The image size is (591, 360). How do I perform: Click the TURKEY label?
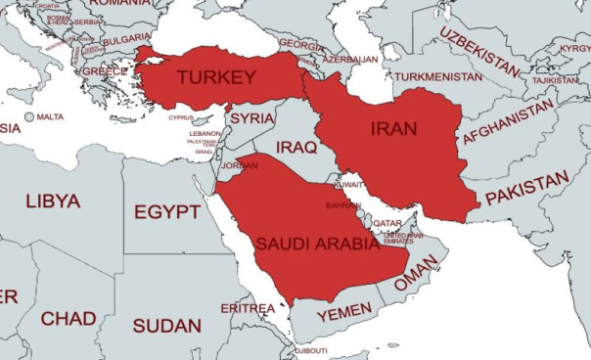pyautogui.click(x=216, y=77)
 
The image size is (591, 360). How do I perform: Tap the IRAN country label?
pyautogui.click(x=393, y=128)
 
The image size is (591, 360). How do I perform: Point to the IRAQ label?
pyautogui.click(x=297, y=147)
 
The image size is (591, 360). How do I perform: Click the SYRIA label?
pyautogui.click(x=251, y=117)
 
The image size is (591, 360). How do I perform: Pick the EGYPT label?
pyautogui.click(x=167, y=212)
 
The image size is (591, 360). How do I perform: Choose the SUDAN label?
pyautogui.click(x=166, y=326)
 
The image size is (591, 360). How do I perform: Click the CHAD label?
pyautogui.click(x=68, y=319)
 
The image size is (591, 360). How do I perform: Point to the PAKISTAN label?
pyautogui.click(x=527, y=189)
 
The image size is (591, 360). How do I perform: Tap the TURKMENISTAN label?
pyautogui.click(x=432, y=76)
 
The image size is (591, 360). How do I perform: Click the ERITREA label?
pyautogui.click(x=248, y=308)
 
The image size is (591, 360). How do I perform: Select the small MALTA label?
pyautogui.click(x=50, y=117)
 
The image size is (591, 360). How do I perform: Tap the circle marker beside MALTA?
pyautogui.click(x=28, y=117)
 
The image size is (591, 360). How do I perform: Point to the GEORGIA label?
pyautogui.click(x=301, y=45)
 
